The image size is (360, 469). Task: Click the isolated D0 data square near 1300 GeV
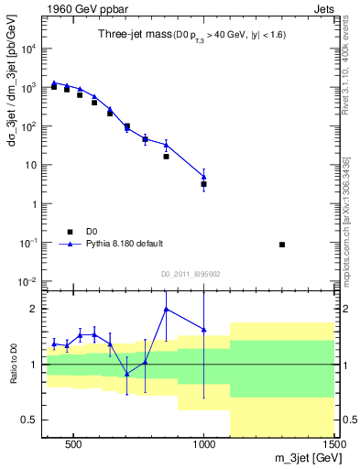[282, 245]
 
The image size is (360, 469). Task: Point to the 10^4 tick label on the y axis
[27, 49]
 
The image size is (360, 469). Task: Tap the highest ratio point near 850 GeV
[166, 309]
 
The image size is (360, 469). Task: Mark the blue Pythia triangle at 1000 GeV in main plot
[204, 177]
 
